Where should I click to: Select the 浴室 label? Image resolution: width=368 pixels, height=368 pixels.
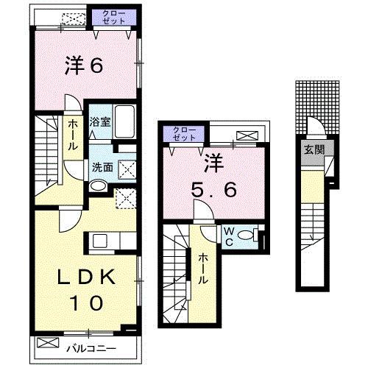pyautogui.click(x=100, y=122)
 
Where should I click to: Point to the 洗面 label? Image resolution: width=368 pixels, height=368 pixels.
pyautogui.click(x=102, y=167)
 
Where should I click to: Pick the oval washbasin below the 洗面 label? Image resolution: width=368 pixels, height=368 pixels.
pyautogui.click(x=97, y=185)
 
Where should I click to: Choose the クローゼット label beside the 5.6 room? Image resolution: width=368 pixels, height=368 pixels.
pyautogui.click(x=184, y=134)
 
